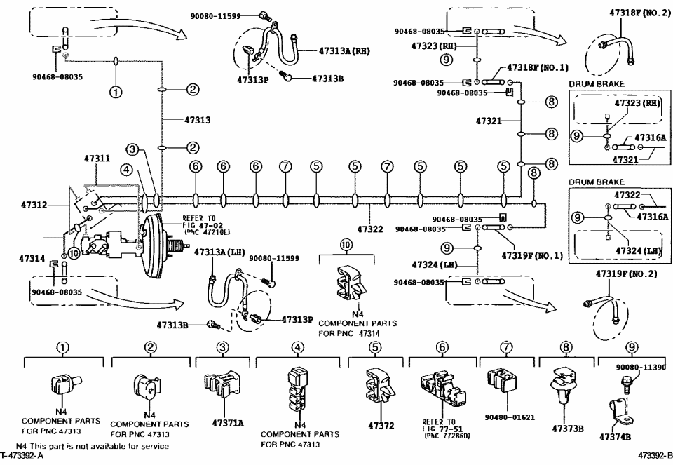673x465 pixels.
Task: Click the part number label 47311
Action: pyautogui.click(x=97, y=160)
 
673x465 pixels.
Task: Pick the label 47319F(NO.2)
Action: pyautogui.click(x=626, y=274)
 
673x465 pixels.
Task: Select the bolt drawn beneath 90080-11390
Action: pyautogui.click(x=625, y=382)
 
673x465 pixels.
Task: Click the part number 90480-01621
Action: pyautogui.click(x=509, y=417)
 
